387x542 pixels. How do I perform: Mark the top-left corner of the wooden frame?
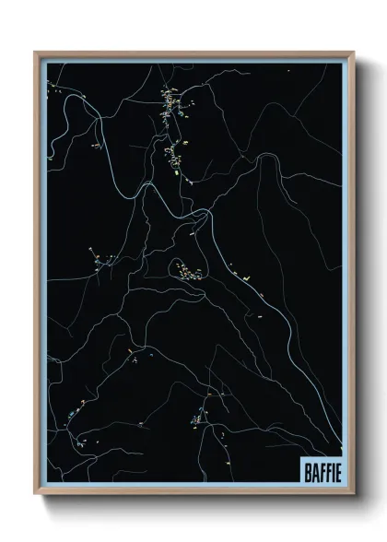coord(36,53)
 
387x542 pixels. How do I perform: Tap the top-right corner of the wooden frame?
coord(354,53)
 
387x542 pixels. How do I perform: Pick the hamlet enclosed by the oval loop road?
coord(188,270)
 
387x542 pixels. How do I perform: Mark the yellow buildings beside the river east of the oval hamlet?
coord(241,274)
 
